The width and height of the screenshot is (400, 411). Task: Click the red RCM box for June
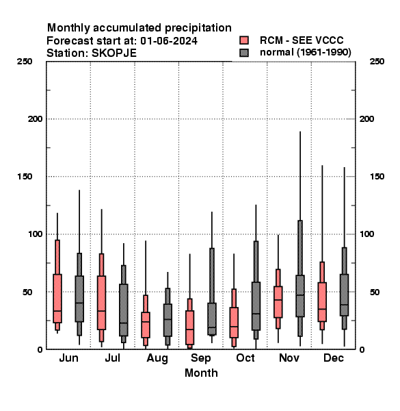click(57, 298)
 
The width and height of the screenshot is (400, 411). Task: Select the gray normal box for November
click(300, 296)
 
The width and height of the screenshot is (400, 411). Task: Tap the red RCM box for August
click(146, 325)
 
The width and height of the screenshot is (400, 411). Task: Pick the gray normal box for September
click(212, 319)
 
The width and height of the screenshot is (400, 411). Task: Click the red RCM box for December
click(322, 302)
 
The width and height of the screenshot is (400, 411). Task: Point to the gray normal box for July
click(124, 310)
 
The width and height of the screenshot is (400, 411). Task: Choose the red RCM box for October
click(234, 323)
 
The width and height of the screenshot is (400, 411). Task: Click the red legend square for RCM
click(244, 40)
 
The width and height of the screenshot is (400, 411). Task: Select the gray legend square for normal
click(244, 53)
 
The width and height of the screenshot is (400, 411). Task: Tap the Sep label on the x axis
click(200, 358)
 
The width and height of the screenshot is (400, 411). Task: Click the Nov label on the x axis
click(289, 358)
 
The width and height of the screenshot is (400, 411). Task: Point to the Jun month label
click(68, 358)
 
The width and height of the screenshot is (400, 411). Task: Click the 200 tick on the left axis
click(35, 119)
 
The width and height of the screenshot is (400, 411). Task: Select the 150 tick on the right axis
click(377, 177)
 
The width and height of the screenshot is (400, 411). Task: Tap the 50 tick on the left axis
click(27, 292)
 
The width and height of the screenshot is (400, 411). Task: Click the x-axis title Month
click(201, 373)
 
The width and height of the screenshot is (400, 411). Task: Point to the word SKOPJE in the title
click(114, 53)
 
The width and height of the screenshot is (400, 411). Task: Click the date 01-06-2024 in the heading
click(169, 41)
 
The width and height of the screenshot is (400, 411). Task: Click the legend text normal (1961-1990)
click(306, 53)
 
